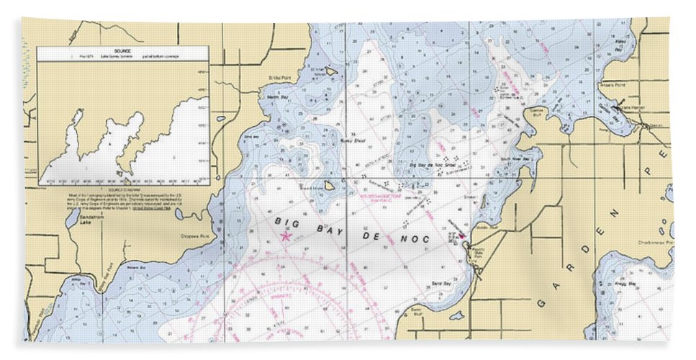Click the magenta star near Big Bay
pyautogui.click(x=286, y=236)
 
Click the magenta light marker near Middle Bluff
pyautogui.click(x=461, y=235)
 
